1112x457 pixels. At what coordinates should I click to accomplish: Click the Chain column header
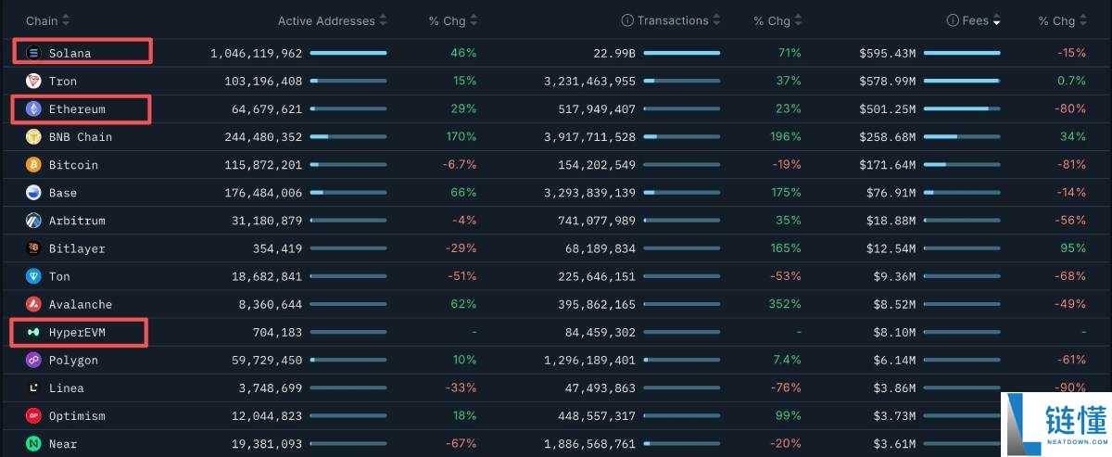tap(42, 21)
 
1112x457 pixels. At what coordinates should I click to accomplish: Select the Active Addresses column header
tap(326, 21)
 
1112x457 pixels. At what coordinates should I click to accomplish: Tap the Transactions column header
tap(673, 20)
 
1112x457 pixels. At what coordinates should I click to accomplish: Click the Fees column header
tap(975, 20)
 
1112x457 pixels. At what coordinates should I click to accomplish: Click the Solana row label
tap(69, 53)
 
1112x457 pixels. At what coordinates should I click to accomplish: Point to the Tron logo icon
tap(33, 81)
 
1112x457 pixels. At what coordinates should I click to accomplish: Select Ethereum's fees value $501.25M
tap(887, 108)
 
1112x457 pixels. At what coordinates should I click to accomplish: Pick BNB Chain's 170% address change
tap(461, 136)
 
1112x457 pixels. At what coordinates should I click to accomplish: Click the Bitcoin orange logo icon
tap(33, 164)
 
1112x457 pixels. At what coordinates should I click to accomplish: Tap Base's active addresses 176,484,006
tap(263, 193)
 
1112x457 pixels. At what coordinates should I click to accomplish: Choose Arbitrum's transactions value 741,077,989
tap(597, 221)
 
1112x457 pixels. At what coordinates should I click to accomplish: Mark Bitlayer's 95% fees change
tap(1073, 248)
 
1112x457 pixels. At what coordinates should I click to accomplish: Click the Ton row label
tap(59, 276)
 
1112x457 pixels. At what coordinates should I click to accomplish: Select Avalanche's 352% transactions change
tap(784, 303)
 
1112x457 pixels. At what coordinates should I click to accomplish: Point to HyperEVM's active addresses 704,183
tap(277, 332)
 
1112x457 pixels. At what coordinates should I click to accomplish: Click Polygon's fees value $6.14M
tap(894, 361)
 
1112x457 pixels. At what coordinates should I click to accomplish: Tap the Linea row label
tap(66, 388)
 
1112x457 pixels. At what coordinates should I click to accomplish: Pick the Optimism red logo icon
tap(33, 415)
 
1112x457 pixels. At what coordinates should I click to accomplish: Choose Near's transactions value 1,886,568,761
tap(589, 444)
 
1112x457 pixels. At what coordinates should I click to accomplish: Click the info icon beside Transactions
tap(627, 20)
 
